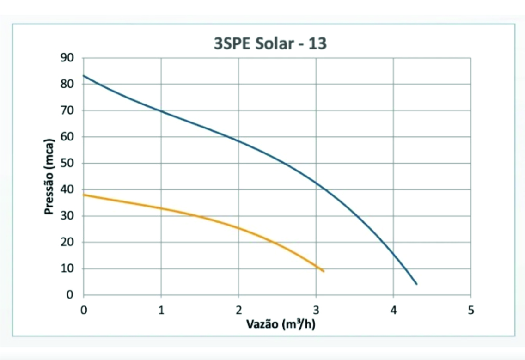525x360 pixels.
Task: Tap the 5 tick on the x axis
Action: [471, 310]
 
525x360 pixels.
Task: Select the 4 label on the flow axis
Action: [393, 310]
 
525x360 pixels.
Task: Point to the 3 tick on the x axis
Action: [316, 310]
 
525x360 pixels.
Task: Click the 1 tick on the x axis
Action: [161, 310]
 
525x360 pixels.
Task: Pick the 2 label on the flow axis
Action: [238, 310]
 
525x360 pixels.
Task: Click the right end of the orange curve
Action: [324, 271]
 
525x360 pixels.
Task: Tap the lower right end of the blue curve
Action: [416, 284]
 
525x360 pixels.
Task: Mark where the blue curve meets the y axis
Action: [84, 75]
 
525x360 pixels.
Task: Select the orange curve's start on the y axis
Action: [84, 195]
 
